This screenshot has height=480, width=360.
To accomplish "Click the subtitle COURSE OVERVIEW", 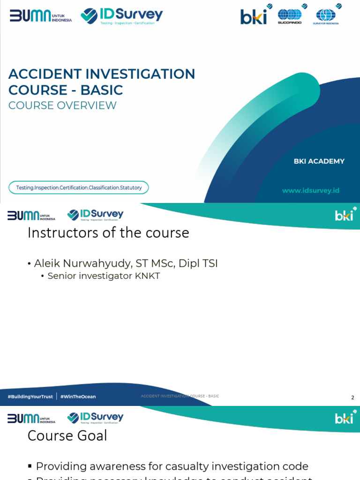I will (x=62, y=105).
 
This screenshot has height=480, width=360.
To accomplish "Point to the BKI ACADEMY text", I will (x=319, y=161).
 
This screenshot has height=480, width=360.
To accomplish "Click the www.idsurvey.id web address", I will (x=310, y=190).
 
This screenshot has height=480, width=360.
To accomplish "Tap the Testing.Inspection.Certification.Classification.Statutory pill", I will (x=79, y=187).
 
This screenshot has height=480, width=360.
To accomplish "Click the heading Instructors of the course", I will (x=108, y=232).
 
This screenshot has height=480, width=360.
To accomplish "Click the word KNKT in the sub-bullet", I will (x=147, y=276).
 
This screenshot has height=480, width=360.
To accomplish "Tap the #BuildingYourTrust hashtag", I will (x=30, y=397).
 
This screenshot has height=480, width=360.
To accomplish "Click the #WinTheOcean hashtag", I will (x=78, y=397).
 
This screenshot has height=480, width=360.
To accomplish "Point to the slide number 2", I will (x=352, y=397).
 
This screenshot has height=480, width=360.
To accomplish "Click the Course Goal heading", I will (x=67, y=435).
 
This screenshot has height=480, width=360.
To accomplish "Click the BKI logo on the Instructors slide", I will (x=345, y=215).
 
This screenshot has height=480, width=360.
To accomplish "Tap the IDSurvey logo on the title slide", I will (x=121, y=15).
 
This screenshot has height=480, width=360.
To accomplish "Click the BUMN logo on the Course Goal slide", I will (x=31, y=418).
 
